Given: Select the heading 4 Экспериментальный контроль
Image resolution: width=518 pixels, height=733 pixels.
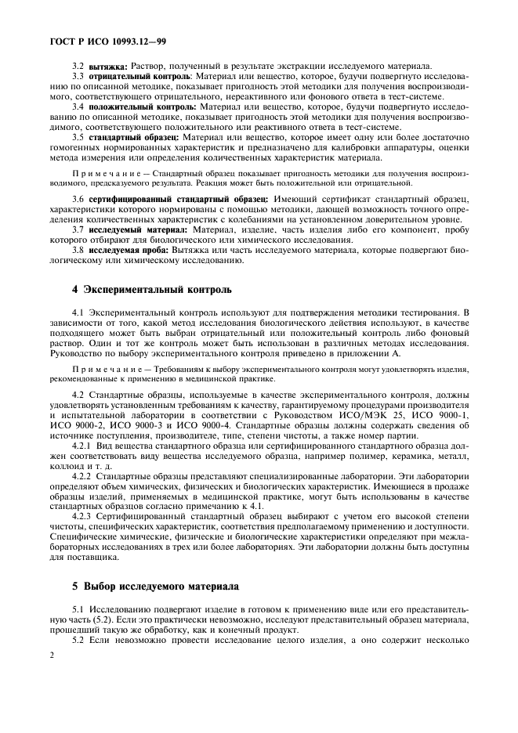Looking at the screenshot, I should pyautogui.click(x=145, y=289).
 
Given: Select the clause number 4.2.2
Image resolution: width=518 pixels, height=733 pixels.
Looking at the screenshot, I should pyautogui.click(x=82, y=475).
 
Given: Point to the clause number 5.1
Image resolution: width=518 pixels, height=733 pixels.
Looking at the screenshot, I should pyautogui.click(x=78, y=607).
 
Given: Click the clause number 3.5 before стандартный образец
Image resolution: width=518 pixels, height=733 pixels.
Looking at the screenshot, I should pyautogui.click(x=78, y=136).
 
